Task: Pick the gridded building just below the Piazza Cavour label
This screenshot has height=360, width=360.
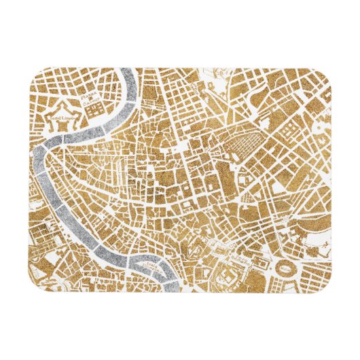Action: tap(96, 109)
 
